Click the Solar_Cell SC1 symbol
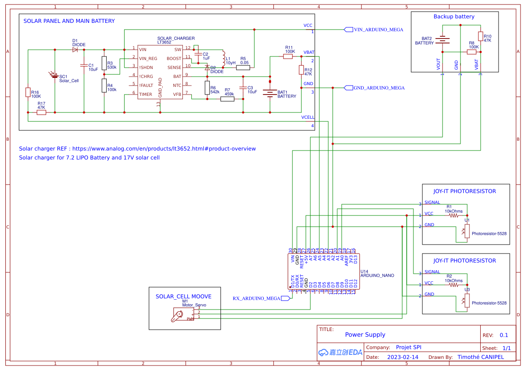55,77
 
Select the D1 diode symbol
75,50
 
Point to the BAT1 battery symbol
270,93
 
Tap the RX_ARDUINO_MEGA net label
257,298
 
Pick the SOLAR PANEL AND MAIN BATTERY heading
69,21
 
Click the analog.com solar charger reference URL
164,149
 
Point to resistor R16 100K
28,92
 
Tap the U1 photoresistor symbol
467,231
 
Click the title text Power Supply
365,335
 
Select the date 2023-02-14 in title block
402,357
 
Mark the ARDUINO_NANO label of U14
377,275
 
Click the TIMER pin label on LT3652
146,95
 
